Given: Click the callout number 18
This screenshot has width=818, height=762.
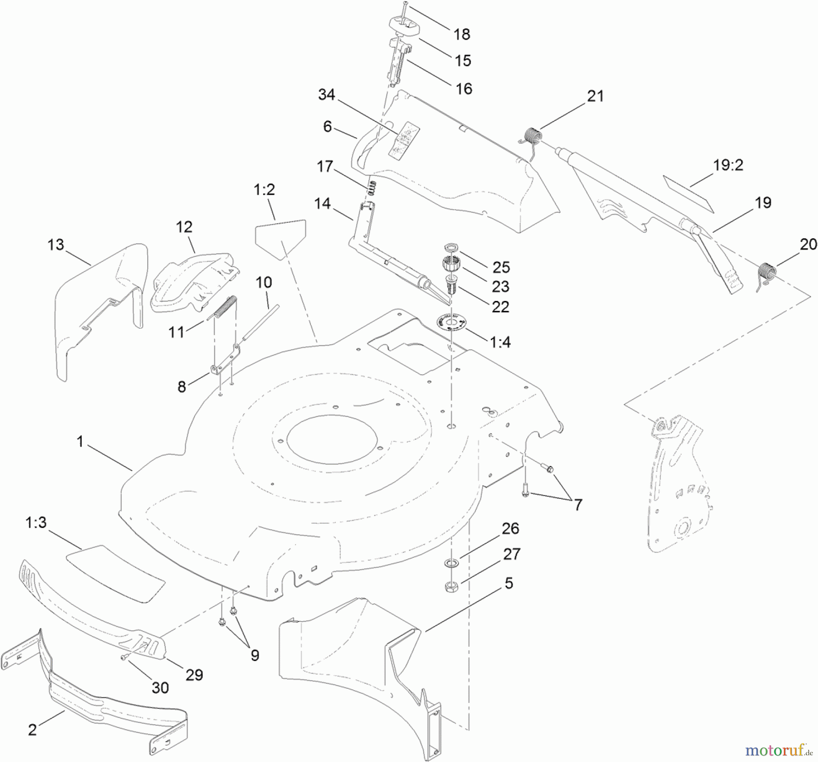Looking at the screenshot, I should click(462, 34).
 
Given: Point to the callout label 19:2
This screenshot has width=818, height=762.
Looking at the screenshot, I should click(728, 165).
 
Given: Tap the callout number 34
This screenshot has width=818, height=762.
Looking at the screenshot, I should click(326, 95).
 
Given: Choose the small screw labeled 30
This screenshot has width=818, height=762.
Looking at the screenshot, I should click(123, 658).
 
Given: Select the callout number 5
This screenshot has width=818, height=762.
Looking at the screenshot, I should click(509, 583).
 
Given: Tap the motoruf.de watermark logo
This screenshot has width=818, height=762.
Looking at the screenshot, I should click(779, 749).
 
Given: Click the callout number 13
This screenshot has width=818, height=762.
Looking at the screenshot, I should click(56, 245).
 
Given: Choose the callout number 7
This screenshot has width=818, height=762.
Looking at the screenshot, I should click(578, 505).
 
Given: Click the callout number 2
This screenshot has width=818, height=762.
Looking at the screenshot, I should click(32, 730).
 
